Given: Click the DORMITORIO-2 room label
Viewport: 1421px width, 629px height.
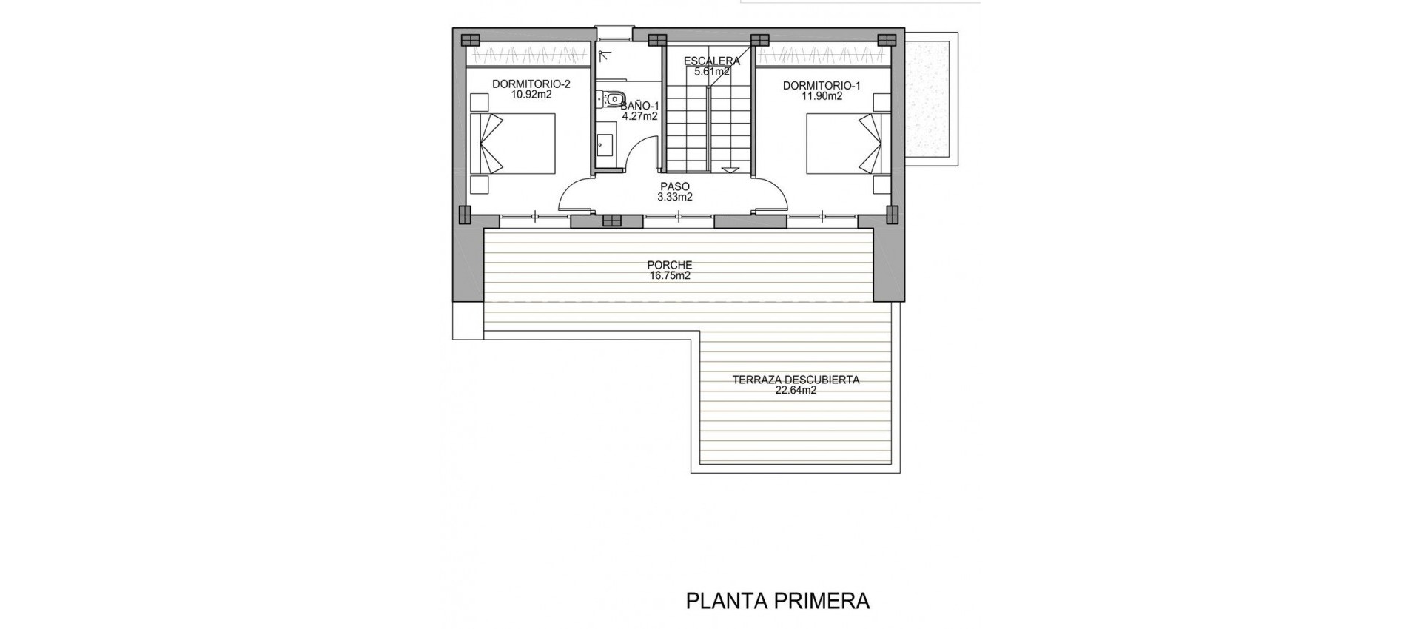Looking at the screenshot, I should click(x=522, y=84).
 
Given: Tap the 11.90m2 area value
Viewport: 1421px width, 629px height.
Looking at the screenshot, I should click(x=822, y=96).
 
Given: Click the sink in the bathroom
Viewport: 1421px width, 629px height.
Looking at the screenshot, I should click(x=604, y=147).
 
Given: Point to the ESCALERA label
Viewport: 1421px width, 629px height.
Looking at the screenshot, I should click(x=711, y=61).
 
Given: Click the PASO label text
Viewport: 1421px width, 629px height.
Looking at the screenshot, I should click(x=675, y=186).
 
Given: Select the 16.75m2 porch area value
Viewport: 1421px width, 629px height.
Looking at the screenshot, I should click(x=669, y=276).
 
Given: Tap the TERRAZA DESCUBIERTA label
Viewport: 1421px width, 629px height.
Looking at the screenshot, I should click(x=796, y=380).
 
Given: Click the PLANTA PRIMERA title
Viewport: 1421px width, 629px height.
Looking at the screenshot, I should click(x=778, y=601).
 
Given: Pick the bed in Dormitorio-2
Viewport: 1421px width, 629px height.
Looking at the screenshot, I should click(x=513, y=144).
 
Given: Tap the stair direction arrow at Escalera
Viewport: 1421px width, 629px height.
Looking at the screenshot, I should click(x=730, y=169).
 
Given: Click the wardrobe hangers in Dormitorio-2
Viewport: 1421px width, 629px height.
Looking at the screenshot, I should click(x=528, y=56).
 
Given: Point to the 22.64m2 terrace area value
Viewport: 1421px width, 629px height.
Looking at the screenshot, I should click(x=796, y=391).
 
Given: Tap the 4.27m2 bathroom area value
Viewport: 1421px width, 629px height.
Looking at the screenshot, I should click(x=639, y=116).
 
